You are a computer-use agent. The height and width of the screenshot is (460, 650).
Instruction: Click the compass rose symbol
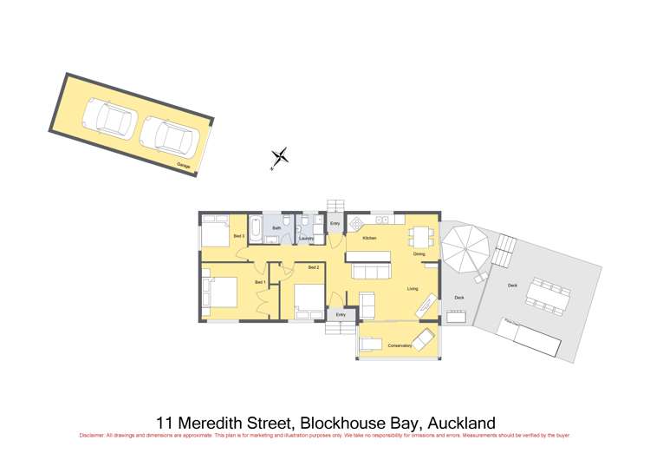tap(280, 158)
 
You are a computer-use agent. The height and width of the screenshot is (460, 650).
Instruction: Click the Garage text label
tap(184, 164)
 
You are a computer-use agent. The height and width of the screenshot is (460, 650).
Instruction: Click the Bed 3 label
tap(238, 235)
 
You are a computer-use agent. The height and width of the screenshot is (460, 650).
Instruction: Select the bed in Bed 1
tap(219, 292)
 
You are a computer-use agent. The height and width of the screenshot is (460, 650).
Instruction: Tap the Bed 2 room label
tap(312, 267)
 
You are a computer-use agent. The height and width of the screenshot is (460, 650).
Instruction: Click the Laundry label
tap(306, 238)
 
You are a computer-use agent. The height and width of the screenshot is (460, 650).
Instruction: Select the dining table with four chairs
tap(419, 234)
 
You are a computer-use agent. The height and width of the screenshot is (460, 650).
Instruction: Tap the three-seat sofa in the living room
tap(371, 273)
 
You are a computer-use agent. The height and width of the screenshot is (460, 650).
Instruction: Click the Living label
tap(413, 289)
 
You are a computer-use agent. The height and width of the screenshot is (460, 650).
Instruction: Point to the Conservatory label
tap(400, 345)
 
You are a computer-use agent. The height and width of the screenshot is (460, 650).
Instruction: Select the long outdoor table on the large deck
tap(548, 294)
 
